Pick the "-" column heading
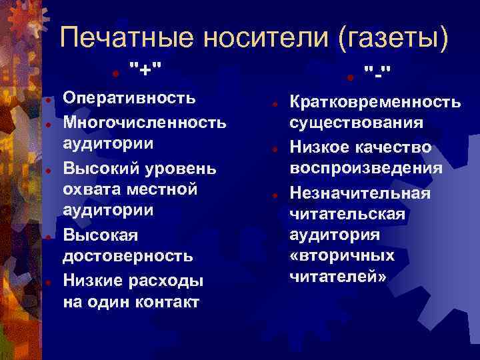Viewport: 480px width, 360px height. tap(378, 69)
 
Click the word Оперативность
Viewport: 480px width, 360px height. tap(129, 99)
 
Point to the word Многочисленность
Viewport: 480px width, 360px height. tap(145, 121)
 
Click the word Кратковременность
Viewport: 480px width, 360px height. tap(374, 102)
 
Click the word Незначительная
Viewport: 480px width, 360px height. tap(360, 193)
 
